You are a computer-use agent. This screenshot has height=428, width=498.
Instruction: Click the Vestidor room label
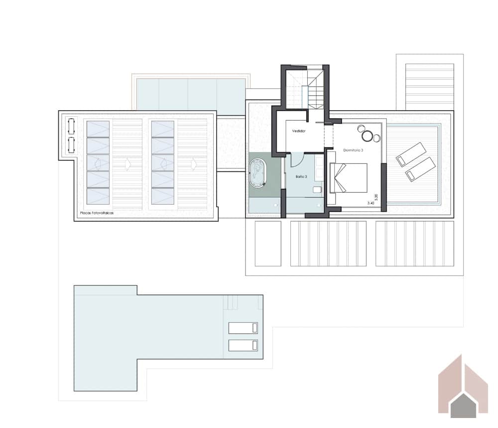pos(299,131)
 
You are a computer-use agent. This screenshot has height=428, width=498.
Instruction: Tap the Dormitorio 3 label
pos(353,149)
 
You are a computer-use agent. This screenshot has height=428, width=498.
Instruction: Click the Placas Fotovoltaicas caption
pos(97,213)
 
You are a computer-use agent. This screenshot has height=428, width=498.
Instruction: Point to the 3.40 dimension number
pos(371,203)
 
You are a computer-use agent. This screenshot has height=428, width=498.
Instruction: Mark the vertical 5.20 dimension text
pos(376,197)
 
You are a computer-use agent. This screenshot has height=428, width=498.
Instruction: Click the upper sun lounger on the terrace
pos(411,153)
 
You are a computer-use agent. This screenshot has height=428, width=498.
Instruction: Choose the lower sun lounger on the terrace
pos(420,169)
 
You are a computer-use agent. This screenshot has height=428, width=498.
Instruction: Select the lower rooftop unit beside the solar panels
pos(71,145)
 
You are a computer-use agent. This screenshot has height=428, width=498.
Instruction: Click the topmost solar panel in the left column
pos(98,129)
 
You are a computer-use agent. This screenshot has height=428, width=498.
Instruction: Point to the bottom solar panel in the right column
pos(163,196)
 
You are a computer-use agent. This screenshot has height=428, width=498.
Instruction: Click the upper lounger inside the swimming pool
pos(243,327)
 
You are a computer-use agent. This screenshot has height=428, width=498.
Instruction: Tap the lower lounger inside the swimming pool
pos(243,345)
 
